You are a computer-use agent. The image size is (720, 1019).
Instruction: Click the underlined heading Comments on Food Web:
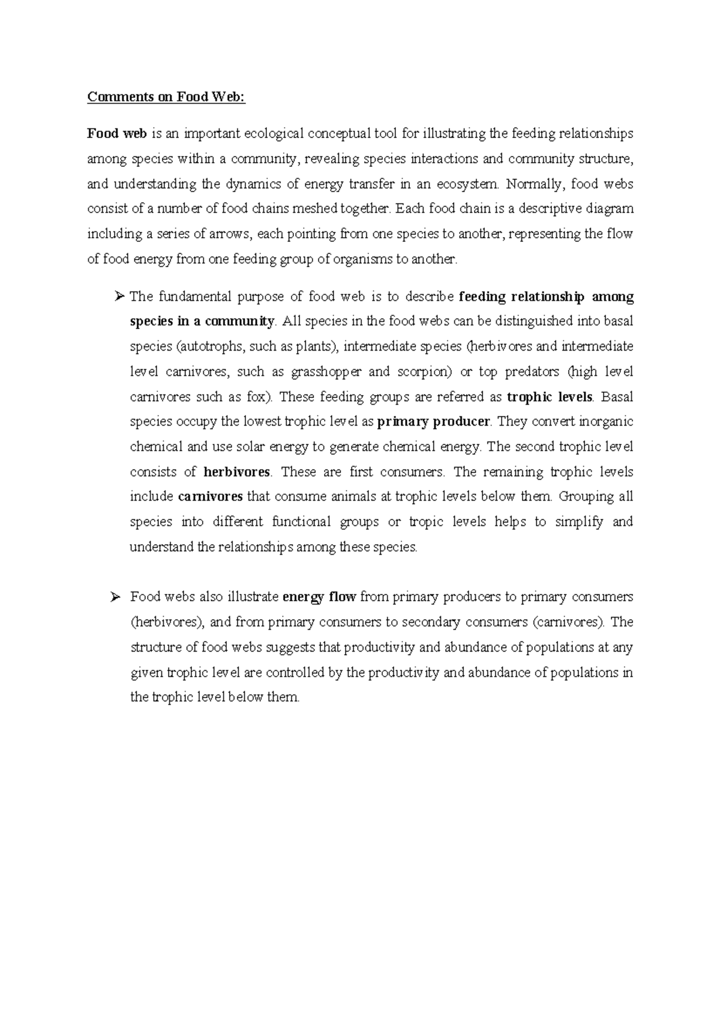(166, 97)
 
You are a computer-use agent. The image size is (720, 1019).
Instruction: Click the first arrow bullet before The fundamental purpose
(118, 296)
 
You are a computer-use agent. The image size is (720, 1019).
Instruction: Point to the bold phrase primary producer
(433, 422)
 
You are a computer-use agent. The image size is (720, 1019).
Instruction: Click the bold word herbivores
(237, 472)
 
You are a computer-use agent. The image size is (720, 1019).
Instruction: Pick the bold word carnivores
(211, 497)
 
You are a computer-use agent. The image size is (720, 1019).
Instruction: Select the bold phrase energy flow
(319, 597)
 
